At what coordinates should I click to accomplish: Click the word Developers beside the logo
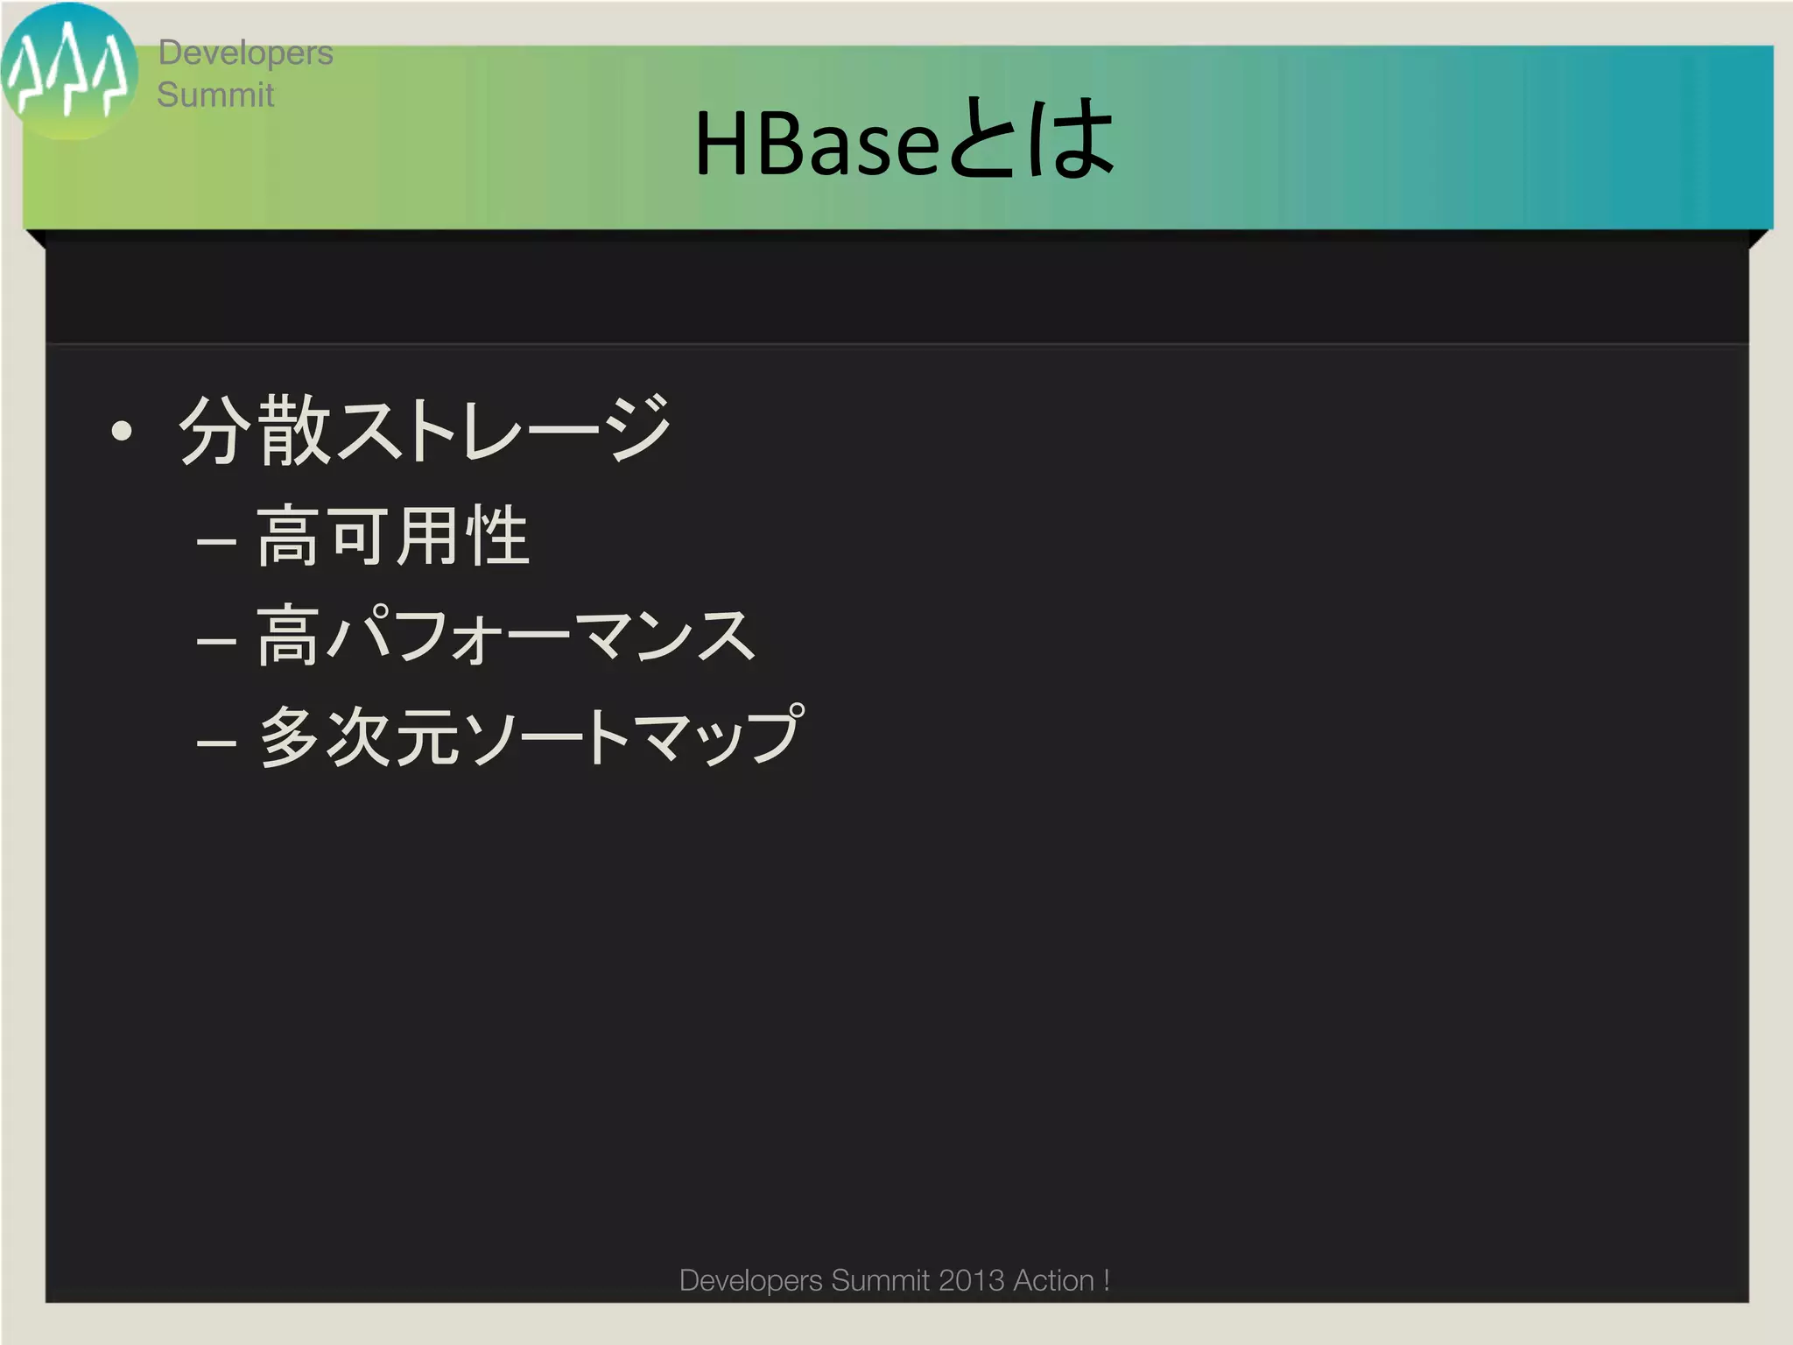[x=245, y=53]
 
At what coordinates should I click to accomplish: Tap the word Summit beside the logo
[x=215, y=95]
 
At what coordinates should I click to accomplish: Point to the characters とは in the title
[x=1030, y=140]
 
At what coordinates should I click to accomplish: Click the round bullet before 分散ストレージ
[x=122, y=431]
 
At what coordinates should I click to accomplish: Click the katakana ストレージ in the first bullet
[x=503, y=430]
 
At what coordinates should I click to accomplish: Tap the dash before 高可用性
[x=216, y=542]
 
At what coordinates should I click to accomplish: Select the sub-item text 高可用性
[x=393, y=536]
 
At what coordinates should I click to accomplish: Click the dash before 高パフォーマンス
[x=216, y=642]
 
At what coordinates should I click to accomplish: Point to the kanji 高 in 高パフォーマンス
[x=287, y=637]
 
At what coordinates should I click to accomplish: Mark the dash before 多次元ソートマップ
[x=216, y=743]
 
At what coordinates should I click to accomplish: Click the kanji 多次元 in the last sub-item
[x=359, y=737]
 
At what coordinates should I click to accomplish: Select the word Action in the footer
[x=1053, y=1280]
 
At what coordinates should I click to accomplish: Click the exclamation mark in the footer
[x=1107, y=1280]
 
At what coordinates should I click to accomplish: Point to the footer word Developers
[x=750, y=1280]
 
